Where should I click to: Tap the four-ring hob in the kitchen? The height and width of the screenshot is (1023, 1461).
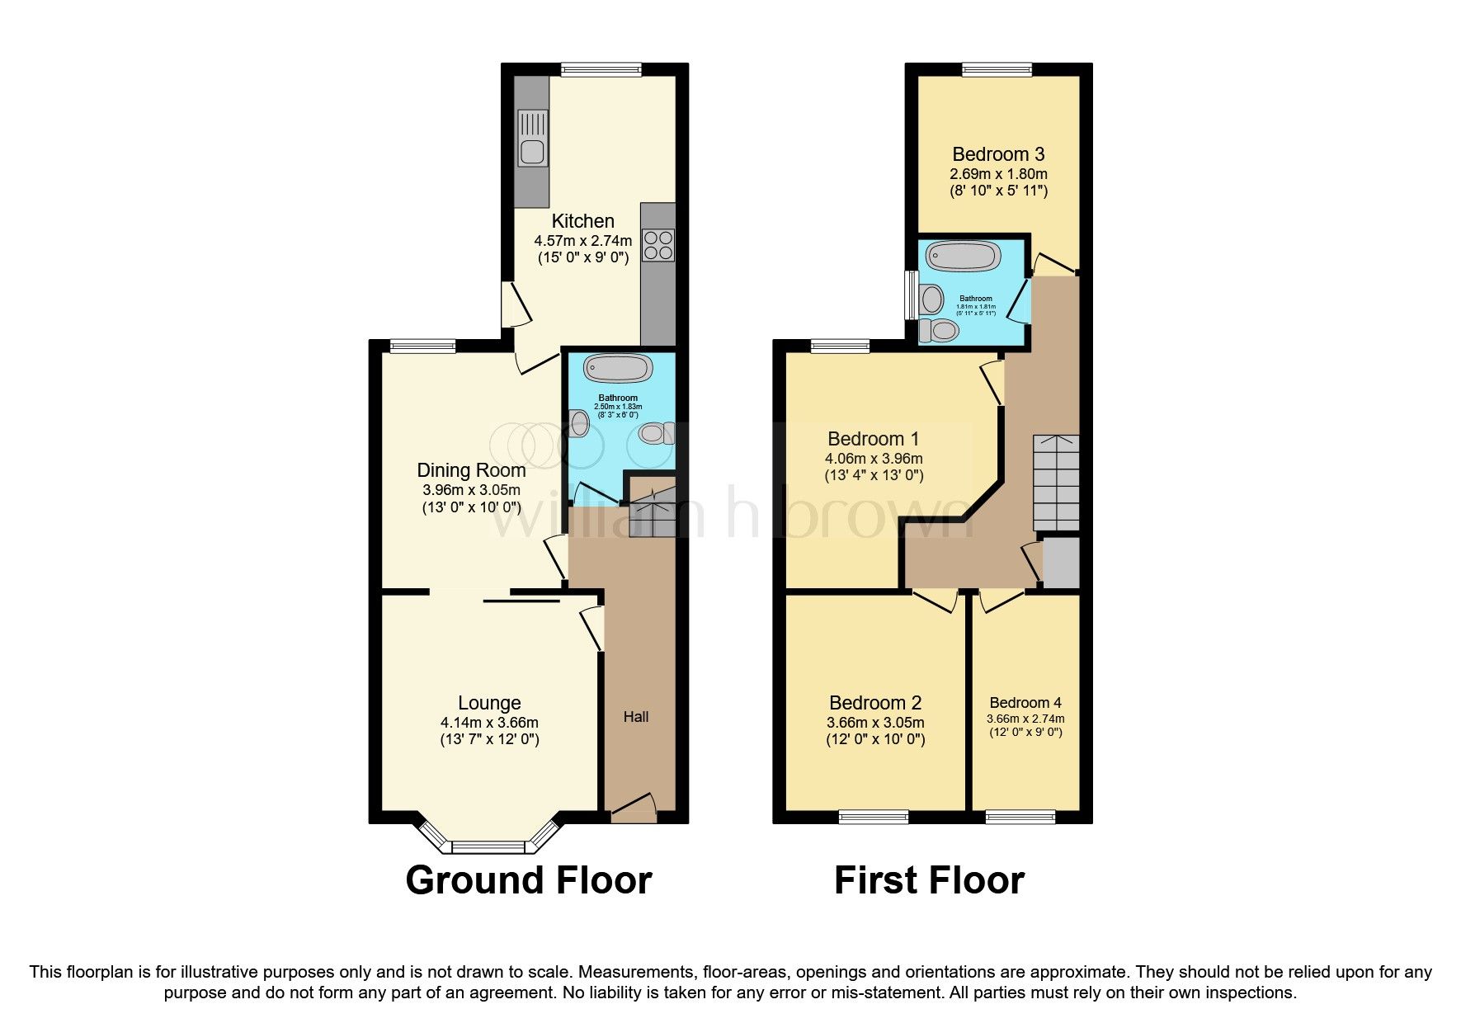click(658, 245)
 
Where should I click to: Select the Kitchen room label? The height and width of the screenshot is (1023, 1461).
click(582, 221)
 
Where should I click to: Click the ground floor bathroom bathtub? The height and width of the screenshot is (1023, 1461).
click(618, 368)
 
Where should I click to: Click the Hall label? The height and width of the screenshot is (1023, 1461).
click(635, 717)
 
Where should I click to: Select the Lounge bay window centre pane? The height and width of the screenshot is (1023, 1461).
click(488, 846)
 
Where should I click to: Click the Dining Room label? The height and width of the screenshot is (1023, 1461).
click(471, 470)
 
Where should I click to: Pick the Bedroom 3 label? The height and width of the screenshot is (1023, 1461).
click(998, 154)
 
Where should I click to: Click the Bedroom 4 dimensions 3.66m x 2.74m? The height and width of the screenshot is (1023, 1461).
click(1025, 719)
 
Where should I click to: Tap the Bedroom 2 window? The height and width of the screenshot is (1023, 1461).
click(874, 817)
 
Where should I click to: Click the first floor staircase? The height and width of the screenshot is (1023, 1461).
click(1056, 483)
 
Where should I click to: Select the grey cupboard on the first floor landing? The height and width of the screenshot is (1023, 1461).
click(1061, 562)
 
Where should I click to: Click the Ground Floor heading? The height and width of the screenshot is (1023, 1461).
click(529, 880)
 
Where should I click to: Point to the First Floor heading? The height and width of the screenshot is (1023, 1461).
click(929, 880)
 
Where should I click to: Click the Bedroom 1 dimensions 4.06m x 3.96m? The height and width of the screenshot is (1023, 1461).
click(874, 459)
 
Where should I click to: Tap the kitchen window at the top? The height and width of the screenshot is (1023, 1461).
click(601, 70)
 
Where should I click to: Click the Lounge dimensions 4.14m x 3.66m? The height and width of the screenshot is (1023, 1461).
click(489, 723)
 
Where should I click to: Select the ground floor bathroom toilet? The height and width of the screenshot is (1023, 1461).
click(657, 433)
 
